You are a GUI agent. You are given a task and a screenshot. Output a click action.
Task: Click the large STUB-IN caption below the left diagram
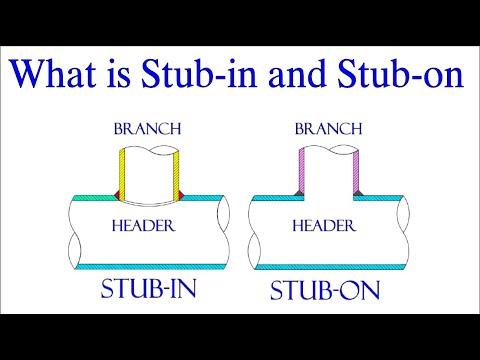coord(148,291)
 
